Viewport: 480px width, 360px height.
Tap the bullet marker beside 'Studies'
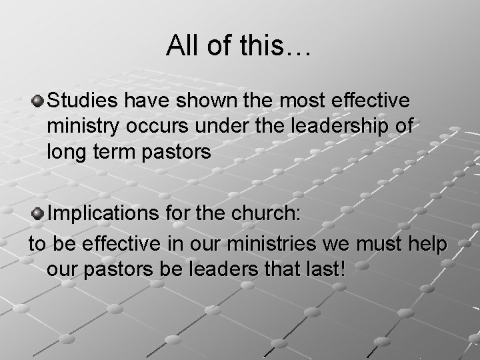39,101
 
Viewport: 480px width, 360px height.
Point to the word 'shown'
202,102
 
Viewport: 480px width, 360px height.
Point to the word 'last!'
326,269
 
